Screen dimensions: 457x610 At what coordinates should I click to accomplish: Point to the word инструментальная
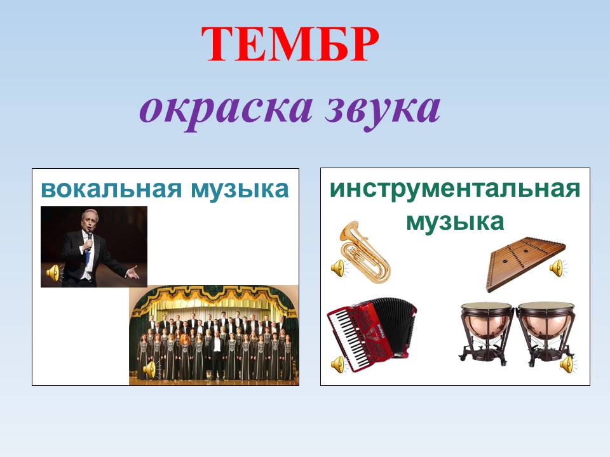pyautogui.click(x=455, y=190)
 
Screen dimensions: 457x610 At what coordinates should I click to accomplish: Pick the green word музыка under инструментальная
pyautogui.click(x=455, y=222)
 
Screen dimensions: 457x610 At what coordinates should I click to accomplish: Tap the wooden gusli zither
pyautogui.click(x=525, y=261)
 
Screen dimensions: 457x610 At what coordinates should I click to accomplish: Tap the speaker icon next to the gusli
pyautogui.click(x=557, y=267)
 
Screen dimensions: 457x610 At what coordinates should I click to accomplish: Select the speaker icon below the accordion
pyautogui.click(x=337, y=364)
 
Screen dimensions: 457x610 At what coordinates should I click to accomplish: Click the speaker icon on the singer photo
pyautogui.click(x=53, y=273)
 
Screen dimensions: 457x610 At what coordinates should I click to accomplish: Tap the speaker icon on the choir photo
pyautogui.click(x=149, y=369)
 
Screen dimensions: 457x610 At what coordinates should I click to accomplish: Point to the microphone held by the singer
pyautogui.click(x=90, y=237)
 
